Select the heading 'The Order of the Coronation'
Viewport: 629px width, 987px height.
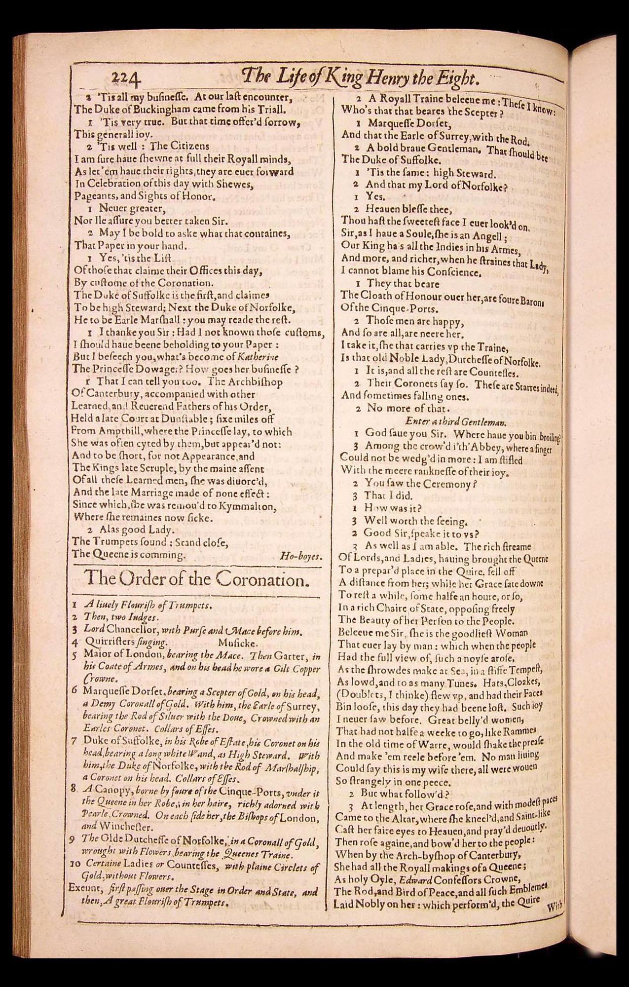tap(197, 578)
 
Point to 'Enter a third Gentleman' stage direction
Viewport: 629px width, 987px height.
tap(456, 421)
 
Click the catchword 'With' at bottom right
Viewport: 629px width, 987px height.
tap(554, 906)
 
